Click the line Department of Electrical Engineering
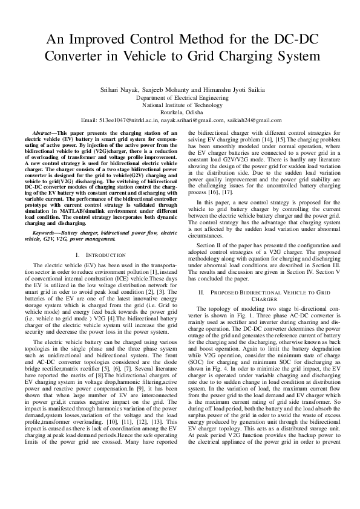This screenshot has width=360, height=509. (x=179, y=97)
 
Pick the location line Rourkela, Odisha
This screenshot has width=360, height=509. (x=179, y=112)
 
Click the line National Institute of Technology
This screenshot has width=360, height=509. (x=179, y=105)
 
